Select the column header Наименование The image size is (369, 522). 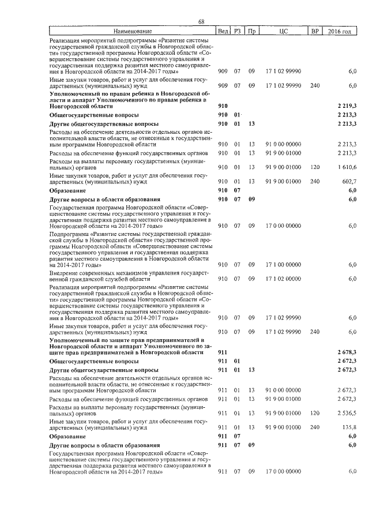[133, 31]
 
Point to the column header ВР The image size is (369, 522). [314, 31]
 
